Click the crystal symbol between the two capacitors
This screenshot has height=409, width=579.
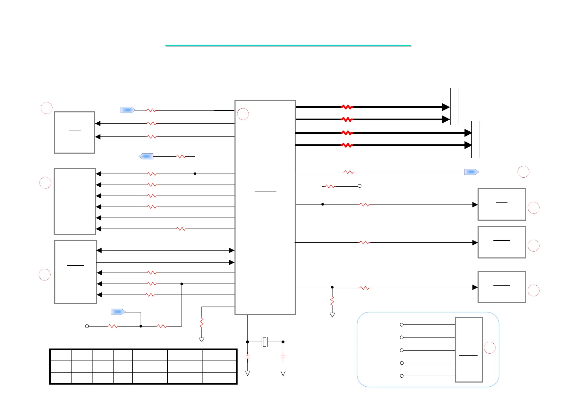click(264, 342)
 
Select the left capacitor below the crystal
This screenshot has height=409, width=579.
click(248, 357)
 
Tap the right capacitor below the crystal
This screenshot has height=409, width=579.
click(283, 357)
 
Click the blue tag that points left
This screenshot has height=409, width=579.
click(146, 156)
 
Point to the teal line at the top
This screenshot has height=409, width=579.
click(288, 45)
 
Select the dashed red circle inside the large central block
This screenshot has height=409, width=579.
click(243, 114)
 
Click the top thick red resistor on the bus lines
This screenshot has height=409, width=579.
click(347, 107)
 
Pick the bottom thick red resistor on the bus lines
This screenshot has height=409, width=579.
click(347, 145)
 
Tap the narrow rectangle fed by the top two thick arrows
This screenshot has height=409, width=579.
click(455, 107)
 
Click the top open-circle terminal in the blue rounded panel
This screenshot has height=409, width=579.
click(402, 325)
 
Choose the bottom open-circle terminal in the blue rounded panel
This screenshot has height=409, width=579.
click(402, 376)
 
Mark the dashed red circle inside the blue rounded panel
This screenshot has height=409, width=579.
click(490, 348)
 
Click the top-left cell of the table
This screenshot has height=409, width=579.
click(61, 355)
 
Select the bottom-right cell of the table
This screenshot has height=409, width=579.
click(219, 378)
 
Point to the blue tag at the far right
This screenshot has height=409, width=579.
click(471, 172)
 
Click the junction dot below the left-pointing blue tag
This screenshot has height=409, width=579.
click(195, 174)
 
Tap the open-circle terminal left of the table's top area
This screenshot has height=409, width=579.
click(87, 326)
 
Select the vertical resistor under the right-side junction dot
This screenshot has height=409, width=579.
click(332, 301)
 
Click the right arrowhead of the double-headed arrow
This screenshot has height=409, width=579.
click(232, 251)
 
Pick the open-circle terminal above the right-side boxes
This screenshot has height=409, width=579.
click(360, 186)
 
